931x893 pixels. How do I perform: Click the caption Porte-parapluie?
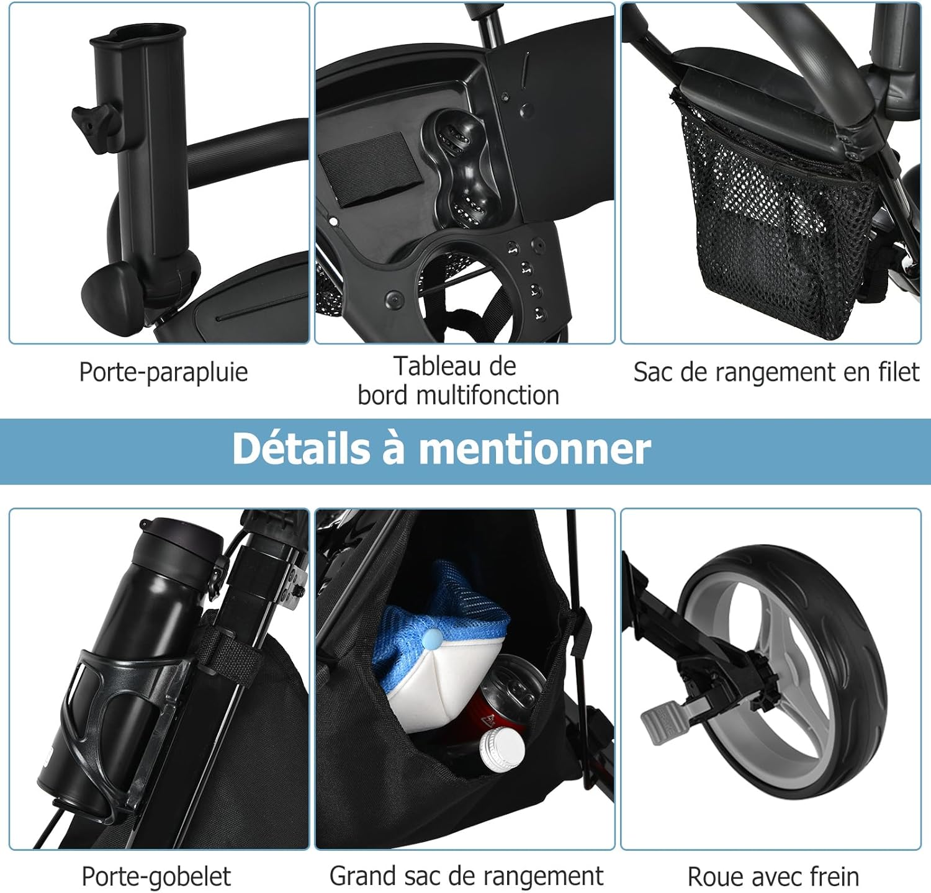(163, 372)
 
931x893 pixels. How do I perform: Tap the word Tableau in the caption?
(431, 366)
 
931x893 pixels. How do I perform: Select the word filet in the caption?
(898, 372)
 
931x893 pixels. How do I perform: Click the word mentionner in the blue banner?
(534, 449)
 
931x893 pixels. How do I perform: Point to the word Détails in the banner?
(301, 447)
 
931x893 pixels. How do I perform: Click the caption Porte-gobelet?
(156, 877)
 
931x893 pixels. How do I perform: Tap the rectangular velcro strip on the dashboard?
(369, 168)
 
